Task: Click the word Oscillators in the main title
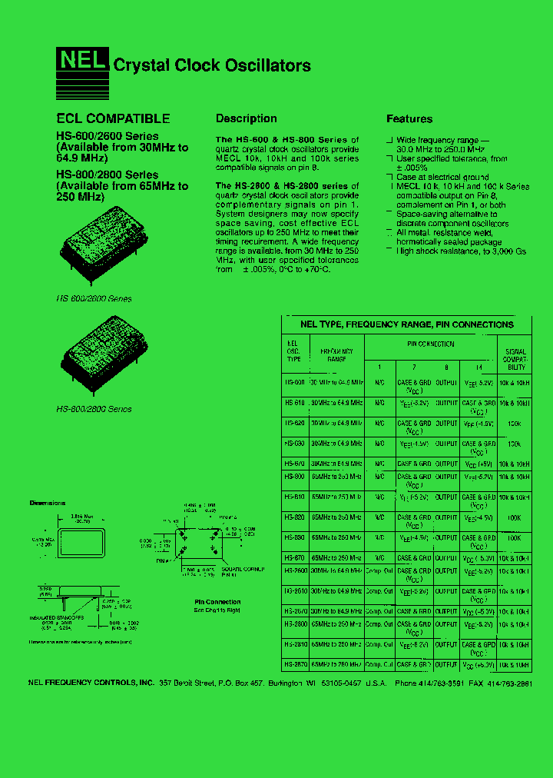pos(267,65)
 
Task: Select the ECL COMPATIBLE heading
pos(113,118)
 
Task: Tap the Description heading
pos(246,118)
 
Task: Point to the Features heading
pos(409,118)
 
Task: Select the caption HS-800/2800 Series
pos(94,409)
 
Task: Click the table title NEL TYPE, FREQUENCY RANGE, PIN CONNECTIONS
pos(406,324)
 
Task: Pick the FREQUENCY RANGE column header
pos(336,354)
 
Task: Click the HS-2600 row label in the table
pos(296,570)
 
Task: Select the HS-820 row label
pos(296,517)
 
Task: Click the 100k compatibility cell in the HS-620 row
pos(514,423)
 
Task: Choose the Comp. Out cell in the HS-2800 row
pos(379,624)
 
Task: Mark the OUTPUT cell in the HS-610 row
pos(446,402)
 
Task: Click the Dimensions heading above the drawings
pos(48,503)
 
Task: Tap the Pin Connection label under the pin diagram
pos(217,602)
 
